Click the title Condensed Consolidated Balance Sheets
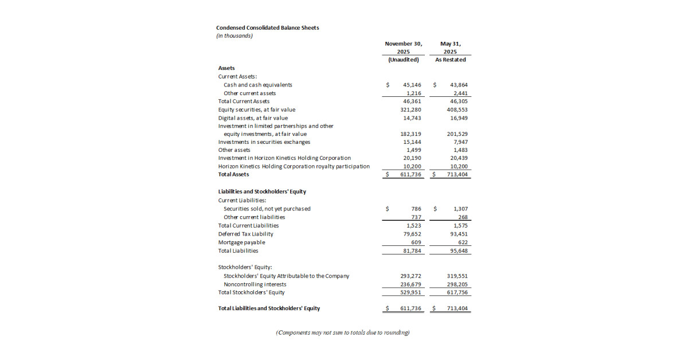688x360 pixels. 267,28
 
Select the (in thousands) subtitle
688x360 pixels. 234,36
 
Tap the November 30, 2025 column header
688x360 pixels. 404,47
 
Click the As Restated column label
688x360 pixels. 450,60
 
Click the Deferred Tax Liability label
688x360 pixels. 245,234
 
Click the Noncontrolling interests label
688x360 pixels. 255,284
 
